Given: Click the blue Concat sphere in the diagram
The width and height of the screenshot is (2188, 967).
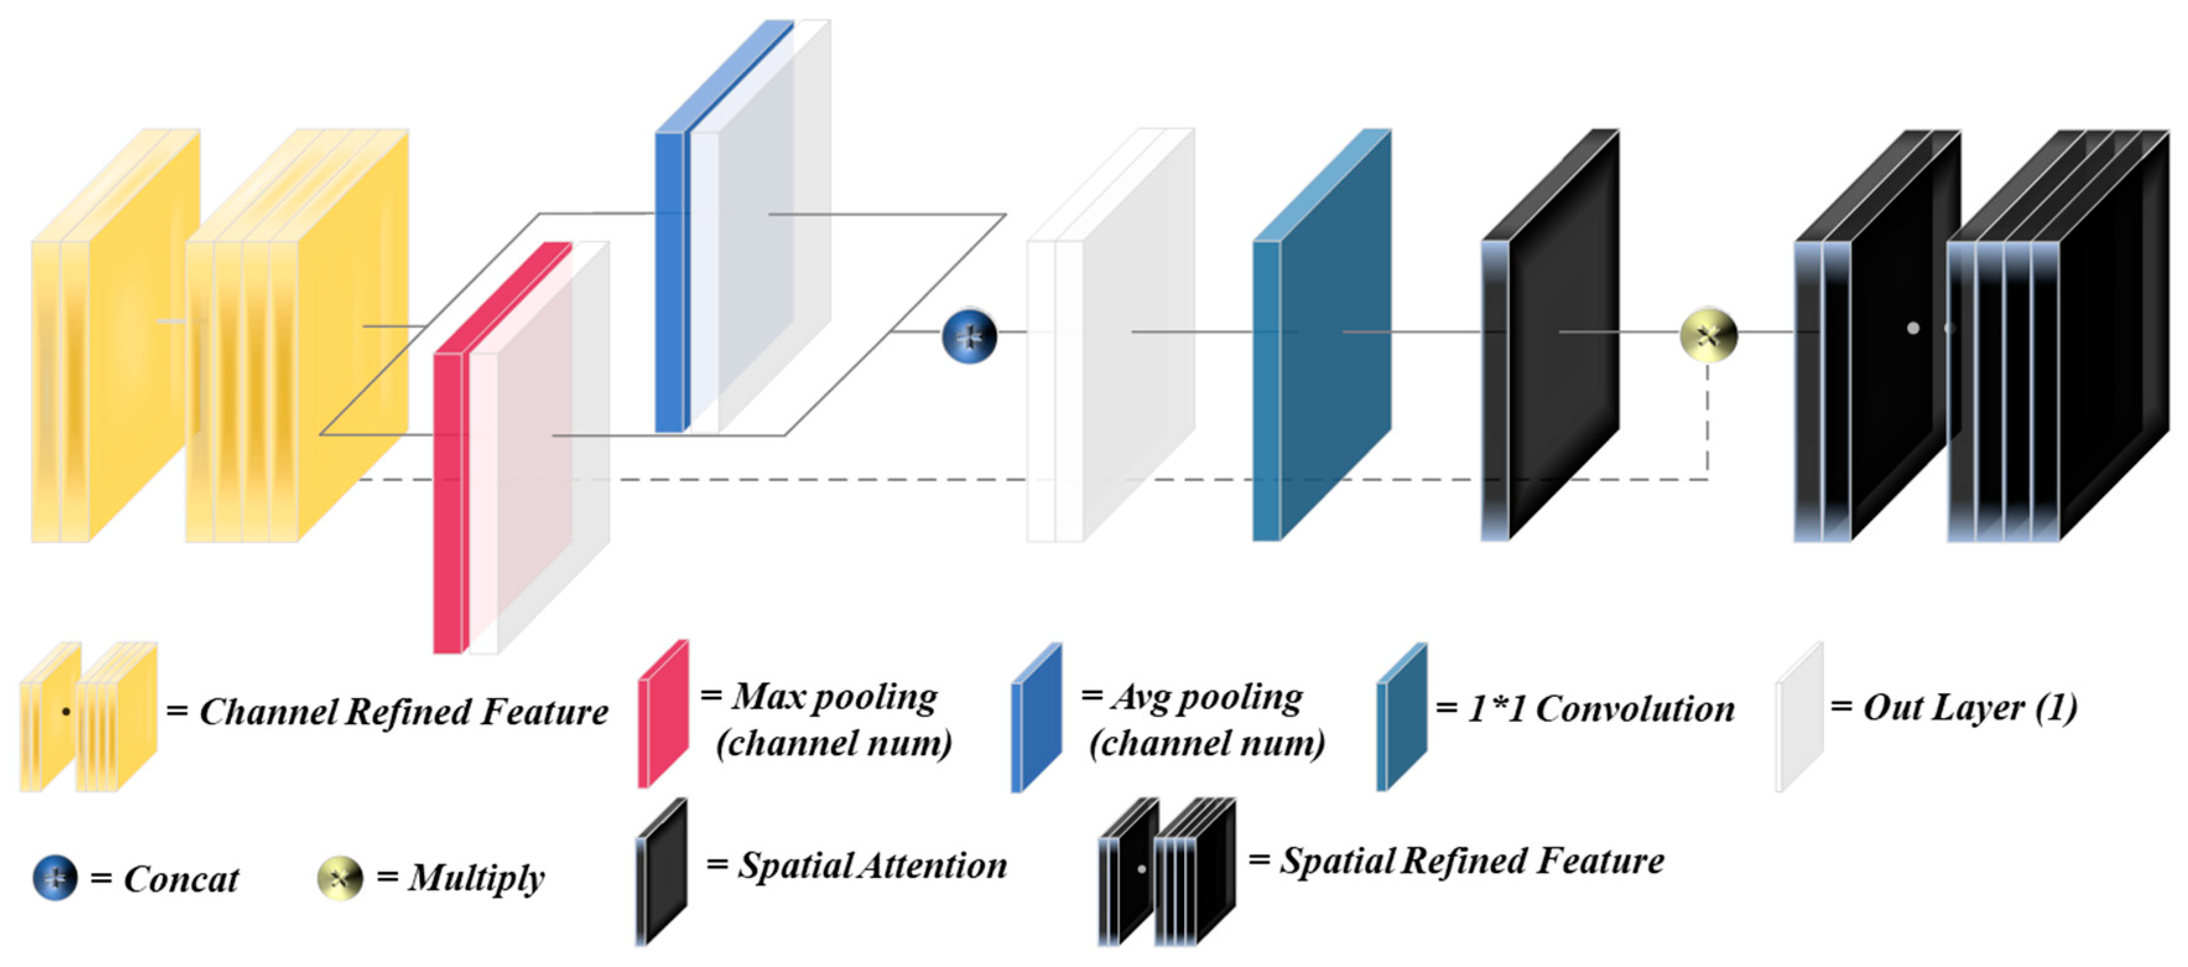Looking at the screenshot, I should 969,336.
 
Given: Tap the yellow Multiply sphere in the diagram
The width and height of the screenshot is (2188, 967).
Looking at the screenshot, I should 1708,335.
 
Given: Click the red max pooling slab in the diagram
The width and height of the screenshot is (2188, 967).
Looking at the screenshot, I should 448,501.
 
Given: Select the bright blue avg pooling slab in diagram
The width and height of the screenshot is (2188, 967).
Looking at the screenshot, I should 668,281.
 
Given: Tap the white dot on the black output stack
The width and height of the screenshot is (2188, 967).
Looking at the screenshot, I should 1913,328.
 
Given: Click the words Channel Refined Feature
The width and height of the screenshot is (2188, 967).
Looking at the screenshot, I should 404,712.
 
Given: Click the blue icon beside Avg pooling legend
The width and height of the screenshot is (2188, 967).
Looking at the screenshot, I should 1036,718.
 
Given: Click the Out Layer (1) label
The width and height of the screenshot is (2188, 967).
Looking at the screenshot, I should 1969,707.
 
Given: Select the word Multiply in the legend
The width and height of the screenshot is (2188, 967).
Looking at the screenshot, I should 475,878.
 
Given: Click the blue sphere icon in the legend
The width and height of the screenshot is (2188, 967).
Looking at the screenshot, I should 55,878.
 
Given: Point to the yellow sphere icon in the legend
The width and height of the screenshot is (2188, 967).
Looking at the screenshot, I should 340,878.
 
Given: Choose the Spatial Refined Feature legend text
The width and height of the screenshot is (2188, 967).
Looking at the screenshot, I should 1471,861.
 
